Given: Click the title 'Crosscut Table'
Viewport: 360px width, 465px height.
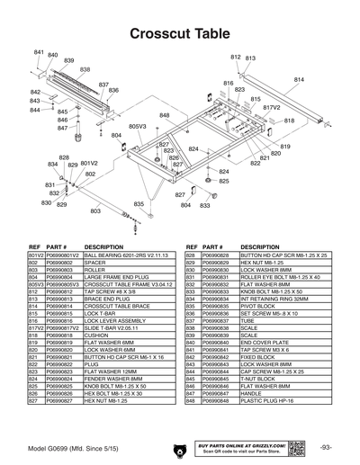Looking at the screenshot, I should pos(180,33).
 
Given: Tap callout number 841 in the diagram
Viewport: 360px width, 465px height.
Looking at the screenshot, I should pos(40,53).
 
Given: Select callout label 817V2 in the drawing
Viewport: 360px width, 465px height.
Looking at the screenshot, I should pos(271,107).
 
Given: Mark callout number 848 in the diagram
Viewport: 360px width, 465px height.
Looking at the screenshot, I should pos(165,116).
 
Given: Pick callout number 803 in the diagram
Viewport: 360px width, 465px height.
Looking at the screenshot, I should pos(95,210).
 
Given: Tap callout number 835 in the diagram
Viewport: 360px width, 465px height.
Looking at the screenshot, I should pos(138,204).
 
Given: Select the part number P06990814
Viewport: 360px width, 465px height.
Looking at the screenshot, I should pos(63,306).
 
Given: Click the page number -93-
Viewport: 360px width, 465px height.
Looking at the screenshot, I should pos(325,447).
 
